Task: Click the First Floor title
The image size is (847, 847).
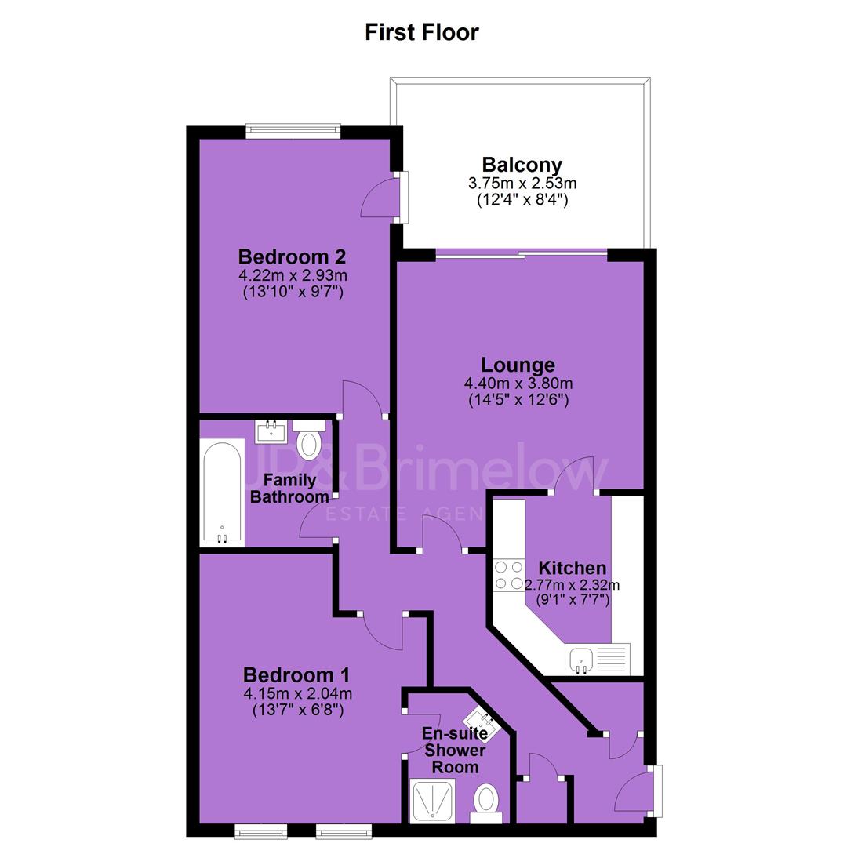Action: (x=422, y=32)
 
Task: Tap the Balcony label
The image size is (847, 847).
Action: (x=522, y=164)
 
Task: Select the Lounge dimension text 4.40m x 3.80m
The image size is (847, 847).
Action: (x=518, y=384)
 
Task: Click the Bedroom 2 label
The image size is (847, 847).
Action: (x=293, y=256)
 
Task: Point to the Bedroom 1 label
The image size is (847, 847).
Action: (x=296, y=674)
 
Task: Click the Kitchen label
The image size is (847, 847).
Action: (x=572, y=568)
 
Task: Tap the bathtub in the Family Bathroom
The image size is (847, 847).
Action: (x=222, y=493)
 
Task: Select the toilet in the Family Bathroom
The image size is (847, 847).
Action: (x=309, y=439)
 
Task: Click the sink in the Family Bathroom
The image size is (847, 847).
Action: (x=271, y=431)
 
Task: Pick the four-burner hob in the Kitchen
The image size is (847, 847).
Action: (x=508, y=576)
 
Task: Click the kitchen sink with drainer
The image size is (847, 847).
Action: (x=598, y=659)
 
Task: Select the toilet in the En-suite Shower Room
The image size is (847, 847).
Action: (x=486, y=803)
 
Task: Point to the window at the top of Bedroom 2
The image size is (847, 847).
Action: (x=293, y=131)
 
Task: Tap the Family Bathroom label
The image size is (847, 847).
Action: (x=289, y=489)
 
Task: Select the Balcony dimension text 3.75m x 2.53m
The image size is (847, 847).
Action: (x=522, y=183)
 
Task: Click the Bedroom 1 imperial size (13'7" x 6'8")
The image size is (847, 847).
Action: (x=298, y=710)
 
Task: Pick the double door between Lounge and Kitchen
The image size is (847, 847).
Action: (x=573, y=475)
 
